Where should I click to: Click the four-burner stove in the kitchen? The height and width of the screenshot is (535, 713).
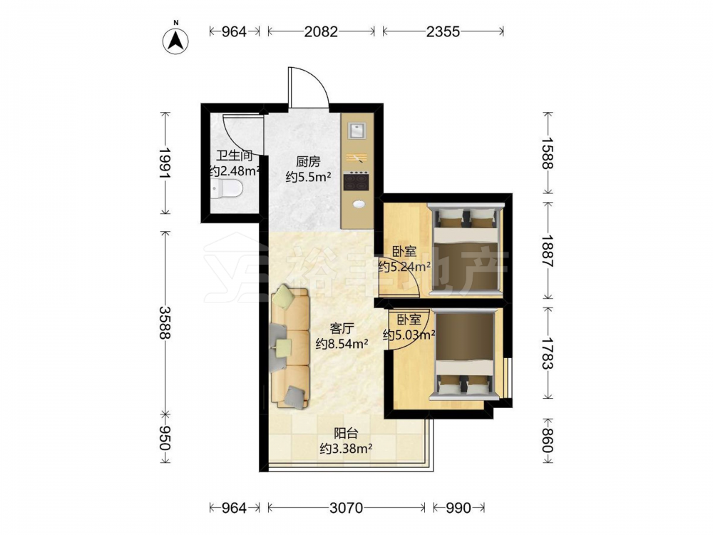356,180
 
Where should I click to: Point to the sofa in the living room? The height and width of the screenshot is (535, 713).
290,347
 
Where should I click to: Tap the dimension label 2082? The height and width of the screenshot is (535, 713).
321,31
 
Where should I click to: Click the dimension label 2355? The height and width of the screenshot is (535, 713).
443,31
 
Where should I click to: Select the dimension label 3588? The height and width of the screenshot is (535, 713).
165,322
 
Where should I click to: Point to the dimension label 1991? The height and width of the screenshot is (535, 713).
165,163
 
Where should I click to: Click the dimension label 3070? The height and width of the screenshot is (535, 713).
346,508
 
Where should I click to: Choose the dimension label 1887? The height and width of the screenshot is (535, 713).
547,251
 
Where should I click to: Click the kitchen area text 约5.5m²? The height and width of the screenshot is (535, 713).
308,177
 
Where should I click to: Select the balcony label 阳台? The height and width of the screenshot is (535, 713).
346,433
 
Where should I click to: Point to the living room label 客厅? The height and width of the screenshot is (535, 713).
342,328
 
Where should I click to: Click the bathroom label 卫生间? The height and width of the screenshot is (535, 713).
234,156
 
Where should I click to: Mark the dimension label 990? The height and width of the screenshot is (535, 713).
458,508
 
